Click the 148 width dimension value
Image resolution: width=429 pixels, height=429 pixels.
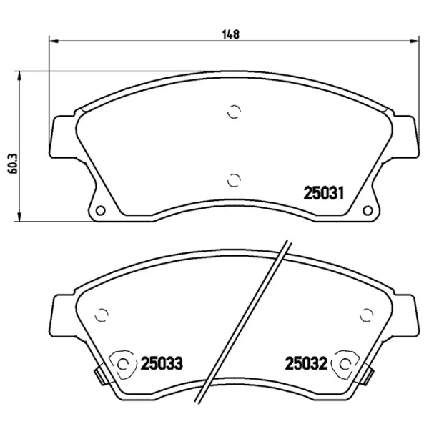pyautogui.click(x=230, y=33)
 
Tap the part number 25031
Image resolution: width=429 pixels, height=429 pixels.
pyautogui.click(x=325, y=192)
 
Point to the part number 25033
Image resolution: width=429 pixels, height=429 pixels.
pyautogui.click(x=162, y=364)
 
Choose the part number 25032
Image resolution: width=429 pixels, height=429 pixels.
pyautogui.click(x=305, y=364)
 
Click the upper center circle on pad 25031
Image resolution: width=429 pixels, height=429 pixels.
pyautogui.click(x=234, y=111)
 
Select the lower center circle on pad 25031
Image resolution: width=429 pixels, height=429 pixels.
pyautogui.click(x=234, y=179)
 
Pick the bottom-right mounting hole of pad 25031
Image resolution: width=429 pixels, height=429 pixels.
pyautogui.click(x=368, y=209)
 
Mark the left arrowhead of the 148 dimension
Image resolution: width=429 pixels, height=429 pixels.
pyautogui.click(x=53, y=40)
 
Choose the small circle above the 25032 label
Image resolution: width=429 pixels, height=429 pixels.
pyautogui.click(x=367, y=314)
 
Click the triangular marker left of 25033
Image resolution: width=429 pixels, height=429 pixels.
pyautogui.click(x=124, y=364)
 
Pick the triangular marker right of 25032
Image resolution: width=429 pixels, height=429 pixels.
pyautogui.click(x=345, y=364)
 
